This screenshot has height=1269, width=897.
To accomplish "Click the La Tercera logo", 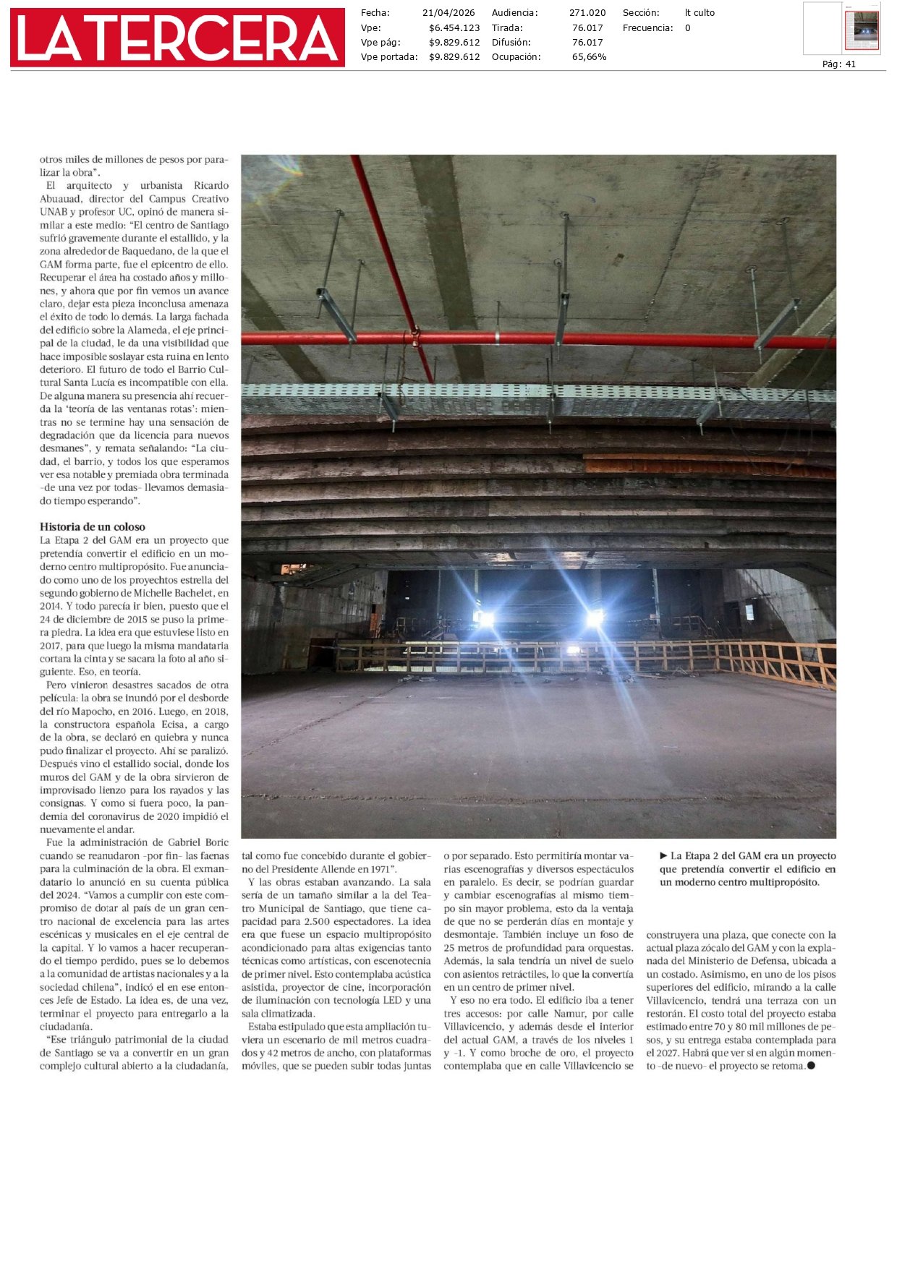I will pos(177,38).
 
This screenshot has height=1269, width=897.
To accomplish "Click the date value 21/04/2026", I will pos(448,13).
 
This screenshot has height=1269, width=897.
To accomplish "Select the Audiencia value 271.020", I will pos(587,13).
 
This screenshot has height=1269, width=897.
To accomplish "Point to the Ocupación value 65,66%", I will pos(589,57).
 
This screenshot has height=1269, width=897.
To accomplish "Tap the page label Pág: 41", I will pos(838,64).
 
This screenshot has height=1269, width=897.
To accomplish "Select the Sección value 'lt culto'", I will pos(700,13).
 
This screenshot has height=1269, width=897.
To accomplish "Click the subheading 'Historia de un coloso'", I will pos(93,526).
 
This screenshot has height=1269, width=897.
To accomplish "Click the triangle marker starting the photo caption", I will pos(663,856).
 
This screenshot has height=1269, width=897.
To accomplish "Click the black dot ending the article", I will pos(811,1065).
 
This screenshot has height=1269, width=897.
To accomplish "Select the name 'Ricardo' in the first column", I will pos(211,186).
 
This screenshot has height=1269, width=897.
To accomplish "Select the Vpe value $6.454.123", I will pos(454,28).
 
